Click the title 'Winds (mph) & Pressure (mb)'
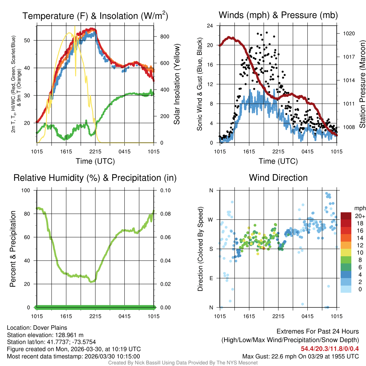[x=278, y=15]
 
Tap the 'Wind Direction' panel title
[x=278, y=178]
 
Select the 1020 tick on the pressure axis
[x=348, y=33]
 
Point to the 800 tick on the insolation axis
[x=162, y=37]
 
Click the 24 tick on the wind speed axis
[x=210, y=26]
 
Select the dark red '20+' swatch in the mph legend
[x=346, y=216]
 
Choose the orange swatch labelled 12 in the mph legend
[x=346, y=245]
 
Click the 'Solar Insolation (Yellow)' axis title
[x=177, y=84]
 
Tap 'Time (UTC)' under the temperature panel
[x=95, y=161]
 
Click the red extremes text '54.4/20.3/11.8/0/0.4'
[x=330, y=348]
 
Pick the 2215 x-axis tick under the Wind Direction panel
[x=278, y=316]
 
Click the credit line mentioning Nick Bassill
[x=183, y=363]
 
